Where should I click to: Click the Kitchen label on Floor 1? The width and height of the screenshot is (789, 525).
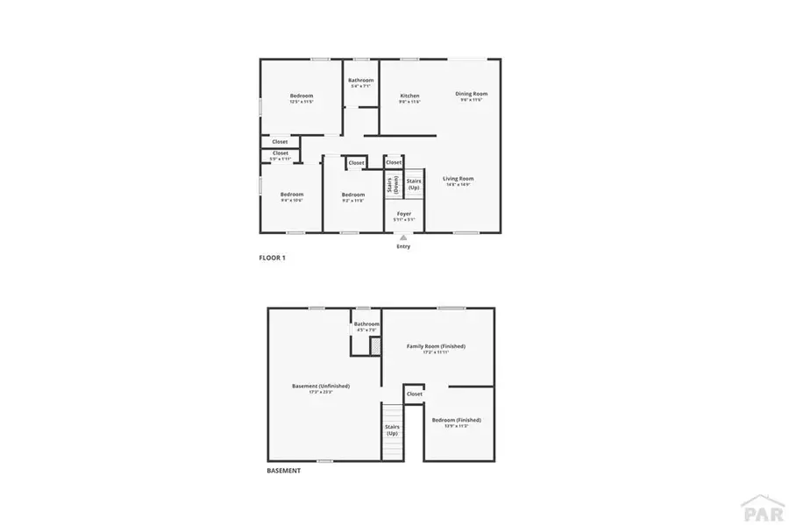click(x=409, y=96)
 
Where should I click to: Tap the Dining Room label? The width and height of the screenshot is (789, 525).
click(x=471, y=94)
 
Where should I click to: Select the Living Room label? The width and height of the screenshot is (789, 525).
click(x=458, y=179)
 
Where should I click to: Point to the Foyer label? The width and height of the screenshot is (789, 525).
click(x=403, y=213)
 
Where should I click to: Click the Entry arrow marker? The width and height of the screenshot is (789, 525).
click(x=403, y=238)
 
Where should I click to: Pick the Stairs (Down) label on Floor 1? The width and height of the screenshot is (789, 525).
click(x=391, y=185)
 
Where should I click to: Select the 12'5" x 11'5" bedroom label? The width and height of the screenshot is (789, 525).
click(x=302, y=96)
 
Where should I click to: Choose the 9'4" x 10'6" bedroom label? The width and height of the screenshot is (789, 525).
click(x=291, y=195)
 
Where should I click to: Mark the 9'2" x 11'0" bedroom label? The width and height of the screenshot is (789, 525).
click(x=352, y=195)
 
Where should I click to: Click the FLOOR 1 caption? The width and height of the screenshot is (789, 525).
click(x=272, y=258)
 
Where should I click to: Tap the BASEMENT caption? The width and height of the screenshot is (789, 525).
click(x=283, y=471)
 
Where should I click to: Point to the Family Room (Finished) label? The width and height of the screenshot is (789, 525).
click(x=436, y=346)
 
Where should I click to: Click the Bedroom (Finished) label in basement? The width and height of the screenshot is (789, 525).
click(x=456, y=420)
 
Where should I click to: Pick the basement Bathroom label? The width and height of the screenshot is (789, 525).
click(x=366, y=324)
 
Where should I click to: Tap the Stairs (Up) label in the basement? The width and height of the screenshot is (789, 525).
click(x=392, y=429)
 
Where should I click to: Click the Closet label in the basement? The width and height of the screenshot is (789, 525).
click(x=415, y=394)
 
